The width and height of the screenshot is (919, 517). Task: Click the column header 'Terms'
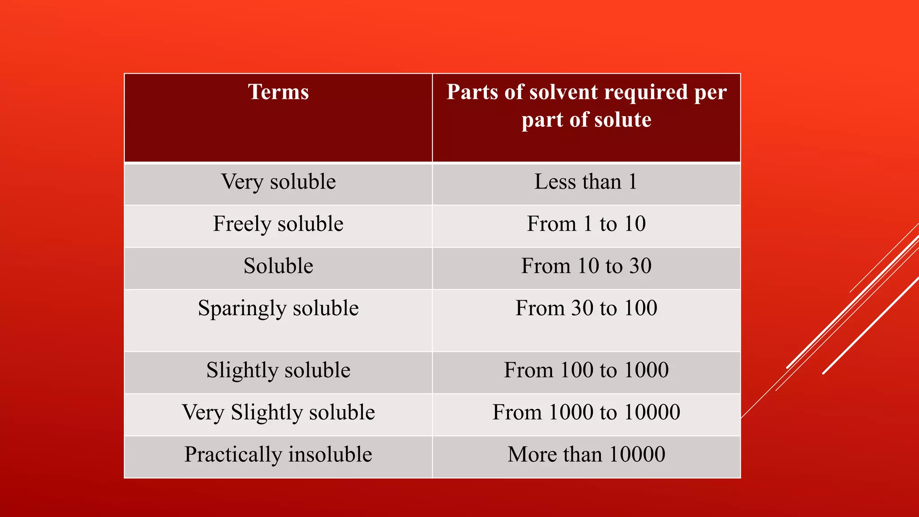pos(278,92)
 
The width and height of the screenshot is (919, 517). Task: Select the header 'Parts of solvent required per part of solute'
pos(586,106)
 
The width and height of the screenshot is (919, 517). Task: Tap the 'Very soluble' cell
pos(278,182)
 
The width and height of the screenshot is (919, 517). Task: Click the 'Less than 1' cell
pos(586,182)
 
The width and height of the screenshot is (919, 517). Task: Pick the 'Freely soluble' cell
pos(278,224)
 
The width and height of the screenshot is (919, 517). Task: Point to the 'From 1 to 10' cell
pos(586,224)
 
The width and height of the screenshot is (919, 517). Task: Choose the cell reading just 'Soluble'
pos(278,266)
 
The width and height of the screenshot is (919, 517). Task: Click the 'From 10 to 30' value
pos(586,266)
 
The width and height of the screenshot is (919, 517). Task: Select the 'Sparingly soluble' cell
pos(278,309)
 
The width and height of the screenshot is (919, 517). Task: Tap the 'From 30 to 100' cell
pos(586,308)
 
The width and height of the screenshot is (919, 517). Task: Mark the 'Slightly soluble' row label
pos(278,371)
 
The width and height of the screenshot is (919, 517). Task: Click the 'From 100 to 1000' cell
pos(586,370)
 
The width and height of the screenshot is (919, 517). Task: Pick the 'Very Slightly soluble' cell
pos(278,412)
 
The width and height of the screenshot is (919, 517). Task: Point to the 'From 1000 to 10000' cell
pos(586,412)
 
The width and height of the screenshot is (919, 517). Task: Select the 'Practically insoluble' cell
pos(278,455)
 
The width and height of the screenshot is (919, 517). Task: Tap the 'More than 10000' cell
pos(586,455)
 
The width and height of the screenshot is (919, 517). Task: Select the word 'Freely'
pos(242,224)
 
